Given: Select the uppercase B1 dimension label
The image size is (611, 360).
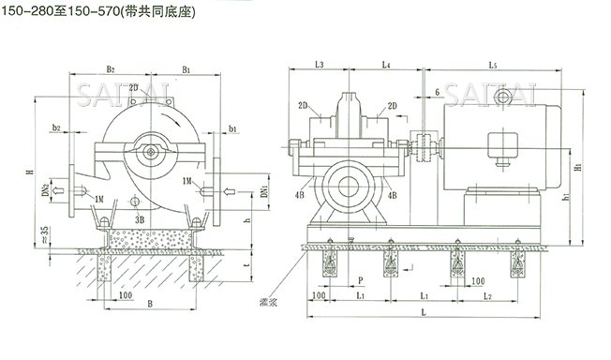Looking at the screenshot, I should coord(187,68).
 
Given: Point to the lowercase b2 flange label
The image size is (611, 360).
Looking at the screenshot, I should coord(58,126).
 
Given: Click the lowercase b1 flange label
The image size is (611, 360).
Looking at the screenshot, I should coord(231,126).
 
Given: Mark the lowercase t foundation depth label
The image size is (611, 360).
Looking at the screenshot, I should coord(247,266).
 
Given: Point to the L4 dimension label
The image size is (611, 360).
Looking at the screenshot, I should coord(386,64).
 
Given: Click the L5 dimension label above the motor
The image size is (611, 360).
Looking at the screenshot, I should coord(493,64).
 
